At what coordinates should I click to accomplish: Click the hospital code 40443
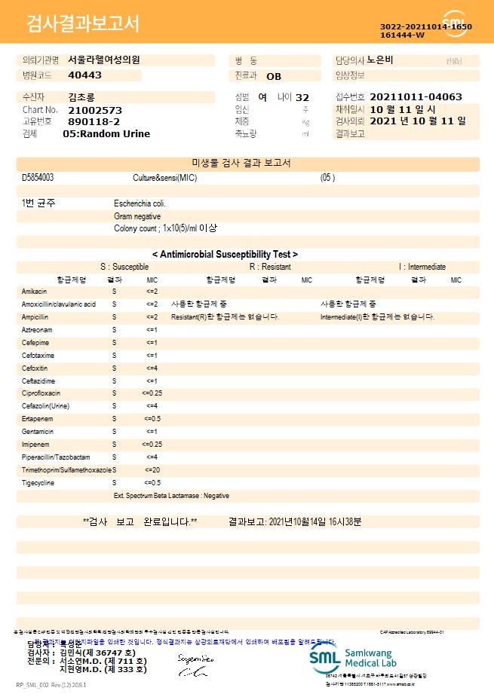pyautogui.click(x=84, y=75)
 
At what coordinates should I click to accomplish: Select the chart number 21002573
pyautogui.click(x=95, y=110)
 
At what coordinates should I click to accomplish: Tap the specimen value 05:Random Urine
pyautogui.click(x=106, y=133)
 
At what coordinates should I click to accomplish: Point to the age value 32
pyautogui.click(x=302, y=98)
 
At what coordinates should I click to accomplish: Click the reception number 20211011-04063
pyautogui.click(x=416, y=97)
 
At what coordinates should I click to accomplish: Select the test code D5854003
pyautogui.click(x=38, y=178)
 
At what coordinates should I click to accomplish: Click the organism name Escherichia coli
pyautogui.click(x=140, y=203)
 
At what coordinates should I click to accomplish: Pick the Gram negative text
pyautogui.click(x=137, y=216)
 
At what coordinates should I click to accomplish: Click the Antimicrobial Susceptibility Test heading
pyautogui.click(x=225, y=255)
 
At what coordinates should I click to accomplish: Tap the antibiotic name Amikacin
pyautogui.click(x=35, y=291)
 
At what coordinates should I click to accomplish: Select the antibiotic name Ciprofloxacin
pyautogui.click(x=41, y=393)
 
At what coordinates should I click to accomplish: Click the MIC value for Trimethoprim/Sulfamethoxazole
pyautogui.click(x=152, y=469)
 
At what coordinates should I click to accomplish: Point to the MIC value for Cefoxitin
pyautogui.click(x=152, y=368)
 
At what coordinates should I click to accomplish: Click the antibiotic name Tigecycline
pyautogui.click(x=38, y=482)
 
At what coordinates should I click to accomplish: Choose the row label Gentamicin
pyautogui.click(x=38, y=432)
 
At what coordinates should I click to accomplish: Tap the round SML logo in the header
pyautogui.click(x=455, y=23)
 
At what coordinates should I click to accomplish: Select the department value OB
pyautogui.click(x=274, y=76)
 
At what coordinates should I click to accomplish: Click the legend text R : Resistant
pyautogui.click(x=270, y=267)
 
